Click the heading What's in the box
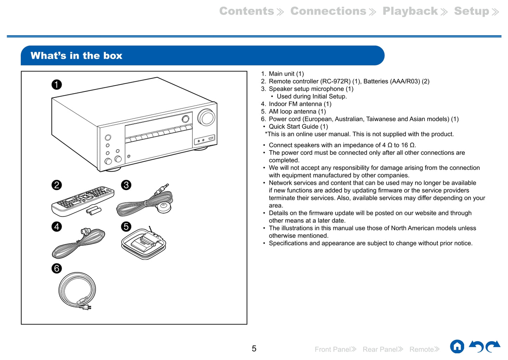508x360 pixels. pyautogui.click(x=76, y=56)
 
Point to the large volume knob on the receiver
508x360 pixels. pyautogui.click(x=206, y=118)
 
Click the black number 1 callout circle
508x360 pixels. pyautogui.click(x=57, y=84)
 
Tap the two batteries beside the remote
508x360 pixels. pyautogui.click(x=94, y=211)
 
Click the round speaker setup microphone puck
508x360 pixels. pyautogui.click(x=163, y=207)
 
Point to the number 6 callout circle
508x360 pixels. pyautogui.click(x=57, y=269)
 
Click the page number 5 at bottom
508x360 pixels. pyautogui.click(x=254, y=349)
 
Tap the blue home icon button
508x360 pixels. pyautogui.click(x=457, y=347)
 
